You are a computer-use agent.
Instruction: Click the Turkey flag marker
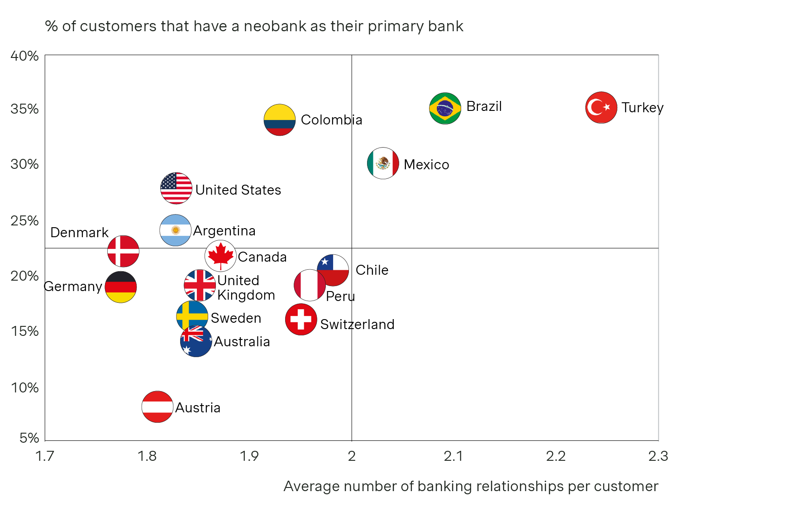point(601,108)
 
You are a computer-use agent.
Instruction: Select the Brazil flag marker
point(445,108)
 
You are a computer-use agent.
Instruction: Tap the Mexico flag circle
point(383,163)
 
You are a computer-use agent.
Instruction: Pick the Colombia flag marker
point(280,120)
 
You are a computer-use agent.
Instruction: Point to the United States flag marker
point(176,188)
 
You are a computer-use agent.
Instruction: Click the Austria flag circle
point(157,407)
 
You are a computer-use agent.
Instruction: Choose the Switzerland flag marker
point(301,320)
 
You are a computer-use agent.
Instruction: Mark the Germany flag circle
point(121,287)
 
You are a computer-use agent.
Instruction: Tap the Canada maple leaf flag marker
point(220,256)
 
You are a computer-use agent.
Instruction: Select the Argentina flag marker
point(176,230)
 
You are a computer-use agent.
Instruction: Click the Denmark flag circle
point(123,251)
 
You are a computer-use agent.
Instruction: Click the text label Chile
point(372,270)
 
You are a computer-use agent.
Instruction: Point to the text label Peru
point(340,296)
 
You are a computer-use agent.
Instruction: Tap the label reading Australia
point(242,342)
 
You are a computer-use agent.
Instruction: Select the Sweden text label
point(236,318)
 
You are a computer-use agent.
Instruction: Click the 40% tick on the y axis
point(25,56)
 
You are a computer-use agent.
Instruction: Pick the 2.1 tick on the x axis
point(453,456)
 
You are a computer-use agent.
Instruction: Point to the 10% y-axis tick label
point(25,388)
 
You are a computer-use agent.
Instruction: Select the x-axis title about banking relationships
point(471,486)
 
